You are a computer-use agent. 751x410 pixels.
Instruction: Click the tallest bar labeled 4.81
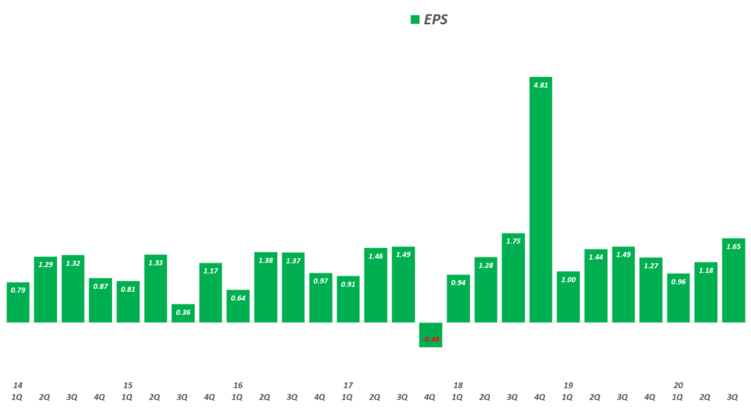point(541,199)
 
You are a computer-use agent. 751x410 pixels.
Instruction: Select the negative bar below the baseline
point(431,334)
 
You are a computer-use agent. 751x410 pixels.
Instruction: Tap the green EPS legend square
point(415,20)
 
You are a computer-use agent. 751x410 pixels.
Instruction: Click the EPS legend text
point(436,20)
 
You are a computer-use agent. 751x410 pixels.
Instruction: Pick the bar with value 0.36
point(183,313)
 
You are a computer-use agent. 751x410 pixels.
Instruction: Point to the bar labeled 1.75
point(513,278)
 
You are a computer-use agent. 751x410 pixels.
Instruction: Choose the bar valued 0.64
point(238,306)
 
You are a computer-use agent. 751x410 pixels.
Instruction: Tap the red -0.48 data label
point(431,338)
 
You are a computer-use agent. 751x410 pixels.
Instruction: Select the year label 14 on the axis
point(18,385)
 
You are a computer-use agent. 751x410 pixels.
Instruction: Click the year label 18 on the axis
point(458,385)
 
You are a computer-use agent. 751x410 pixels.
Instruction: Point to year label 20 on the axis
point(678,385)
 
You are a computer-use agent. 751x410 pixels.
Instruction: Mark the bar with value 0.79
point(18,302)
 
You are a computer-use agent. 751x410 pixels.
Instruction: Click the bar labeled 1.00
point(568,297)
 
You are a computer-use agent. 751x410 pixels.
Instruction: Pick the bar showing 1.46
point(375,285)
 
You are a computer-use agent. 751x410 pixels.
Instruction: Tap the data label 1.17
point(210,271)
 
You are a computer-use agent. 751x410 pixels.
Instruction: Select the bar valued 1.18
point(706,292)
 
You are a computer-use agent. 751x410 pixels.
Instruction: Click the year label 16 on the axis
point(238,385)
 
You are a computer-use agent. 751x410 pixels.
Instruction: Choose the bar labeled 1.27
point(651,290)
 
